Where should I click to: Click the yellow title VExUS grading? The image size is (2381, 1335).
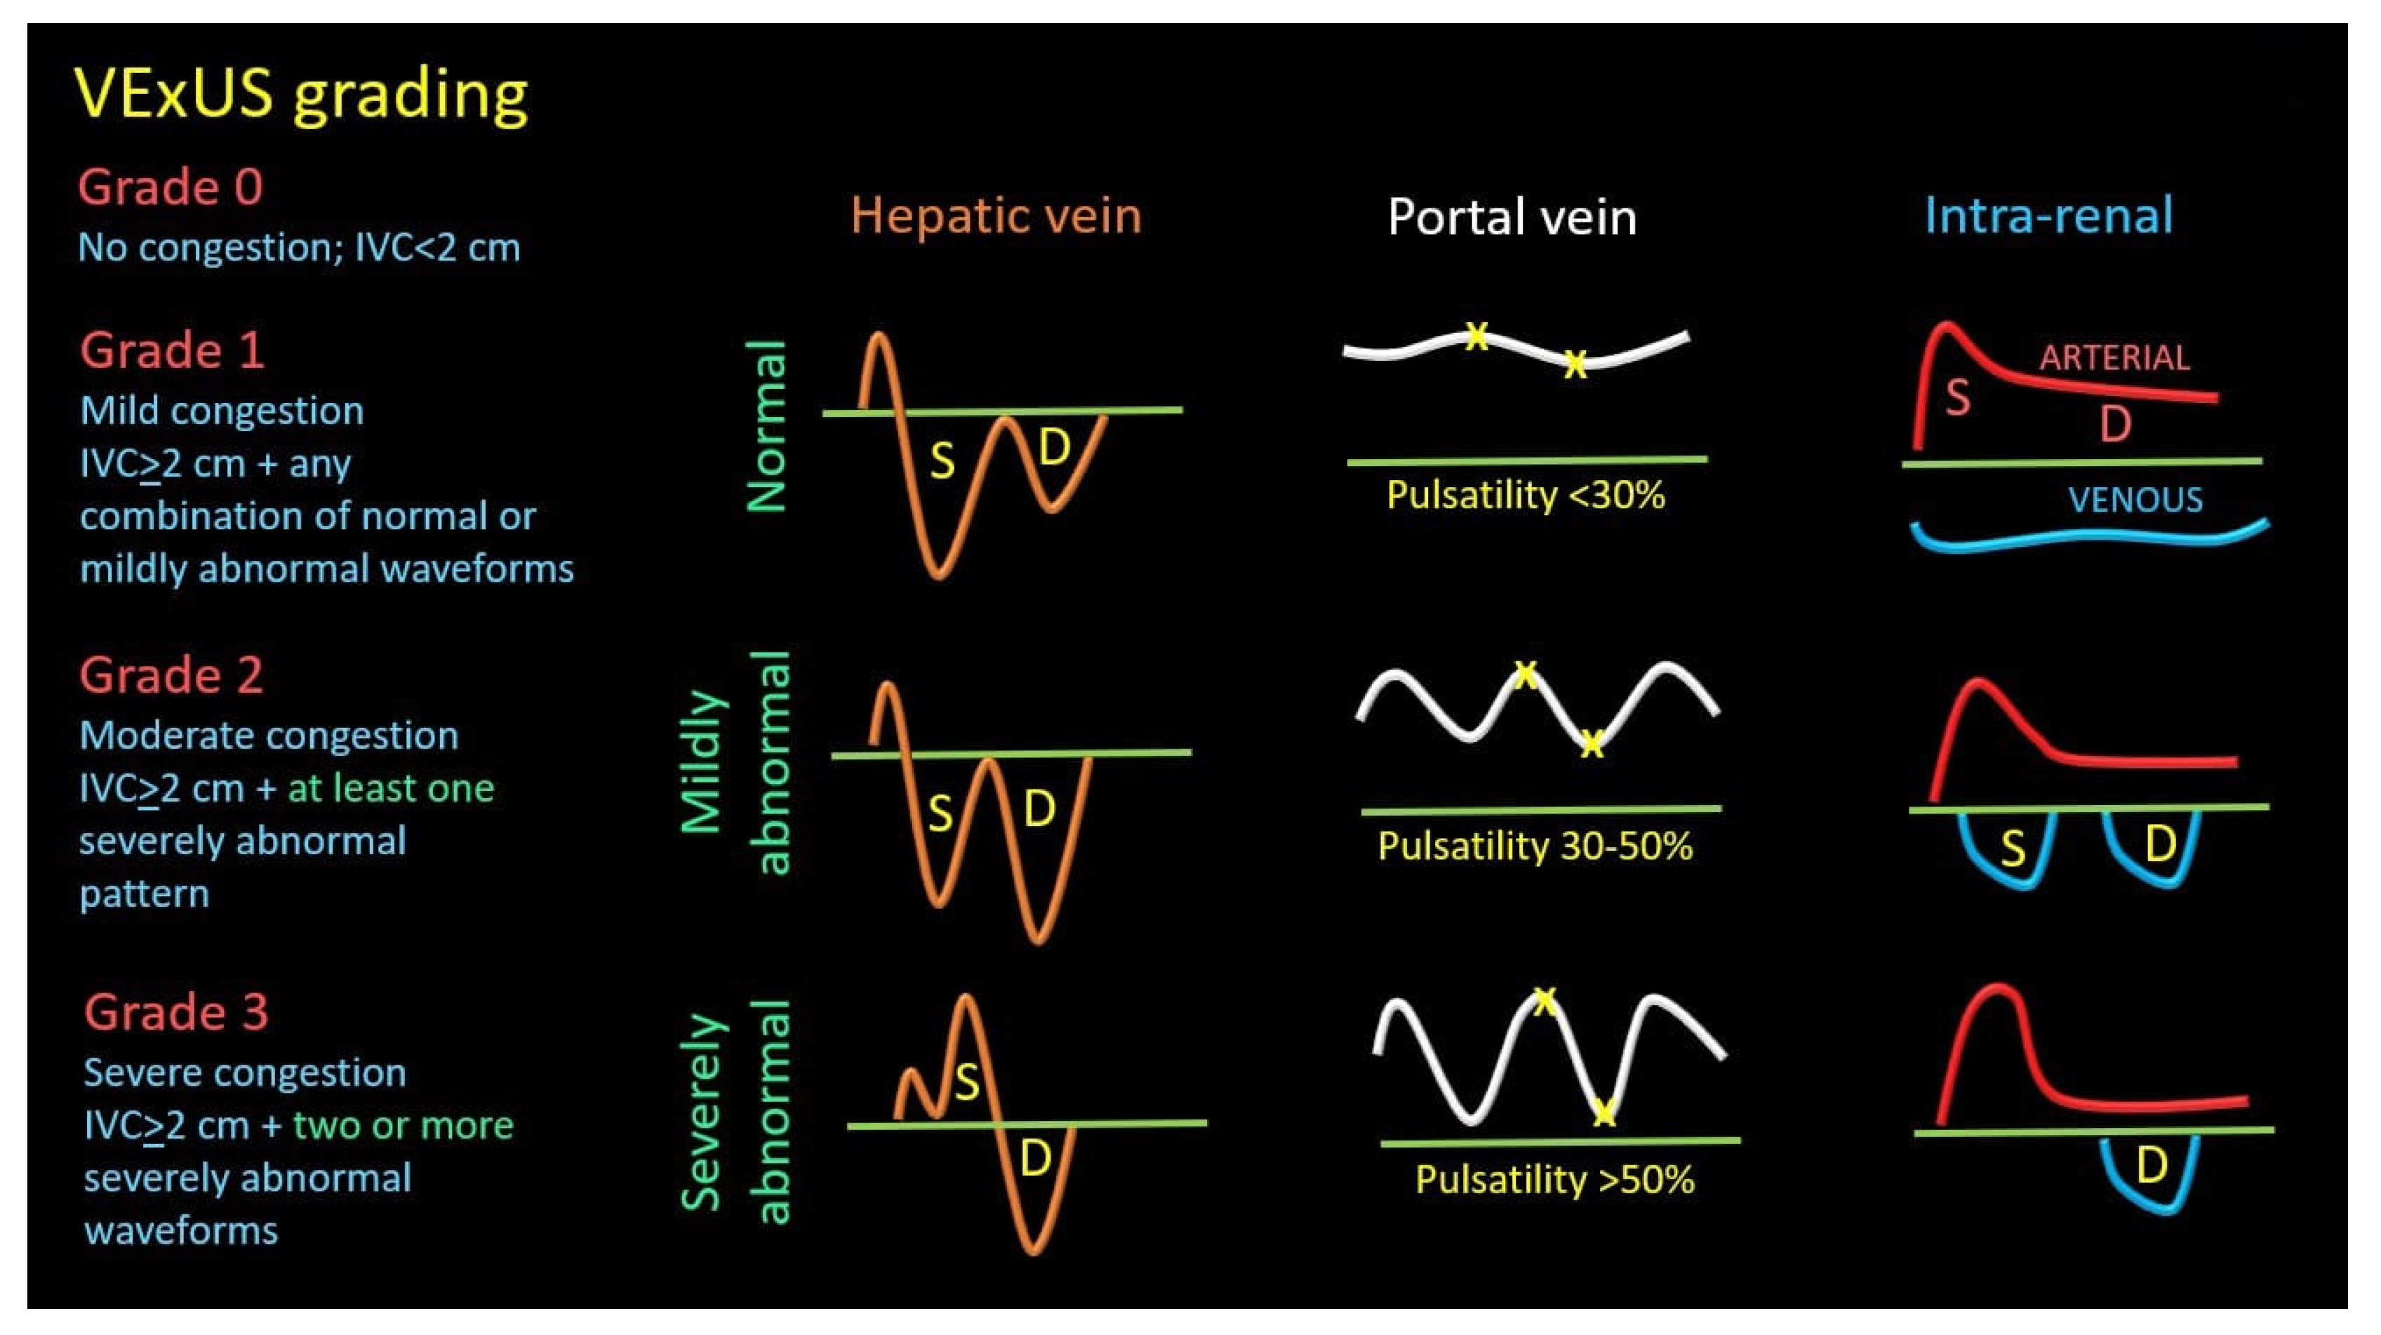[x=300, y=94]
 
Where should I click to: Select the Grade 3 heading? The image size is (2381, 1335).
[x=175, y=1011]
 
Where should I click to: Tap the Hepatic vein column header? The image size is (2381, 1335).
[x=996, y=216]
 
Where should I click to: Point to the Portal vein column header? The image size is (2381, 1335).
[x=1512, y=218]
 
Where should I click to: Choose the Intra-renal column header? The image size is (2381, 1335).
[x=2048, y=216]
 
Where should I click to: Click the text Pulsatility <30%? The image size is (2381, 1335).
[x=1525, y=496]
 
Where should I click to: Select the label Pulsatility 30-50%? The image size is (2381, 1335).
[x=1534, y=846]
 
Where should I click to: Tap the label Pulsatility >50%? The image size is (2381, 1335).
[x=1554, y=1180]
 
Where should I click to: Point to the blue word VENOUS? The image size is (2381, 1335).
[x=2135, y=500]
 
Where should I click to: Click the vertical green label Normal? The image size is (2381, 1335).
[x=766, y=425]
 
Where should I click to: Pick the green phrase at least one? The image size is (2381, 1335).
[x=390, y=789]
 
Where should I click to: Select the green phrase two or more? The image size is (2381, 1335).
[x=403, y=1125]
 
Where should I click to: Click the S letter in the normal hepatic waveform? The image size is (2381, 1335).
[x=942, y=460]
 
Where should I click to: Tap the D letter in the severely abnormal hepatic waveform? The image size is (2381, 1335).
[x=1035, y=1158]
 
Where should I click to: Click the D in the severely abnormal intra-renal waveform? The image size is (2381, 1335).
[x=2152, y=1166]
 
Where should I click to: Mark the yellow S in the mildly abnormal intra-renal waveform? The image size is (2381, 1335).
[x=2013, y=848]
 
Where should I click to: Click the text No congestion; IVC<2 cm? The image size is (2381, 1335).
[x=298, y=248]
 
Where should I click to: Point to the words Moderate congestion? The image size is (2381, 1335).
[x=268, y=736]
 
